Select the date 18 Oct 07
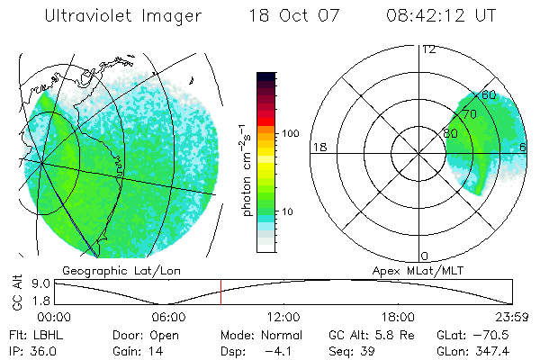point(290,15)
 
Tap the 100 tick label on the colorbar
point(291,133)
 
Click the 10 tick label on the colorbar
point(288,212)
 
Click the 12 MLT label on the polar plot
point(428,49)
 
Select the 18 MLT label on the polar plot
point(318,147)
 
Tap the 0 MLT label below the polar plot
point(425,256)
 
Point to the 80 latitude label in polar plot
point(451,132)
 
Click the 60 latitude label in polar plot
point(490,94)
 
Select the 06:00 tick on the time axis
point(168,317)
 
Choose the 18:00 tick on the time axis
point(398,317)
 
